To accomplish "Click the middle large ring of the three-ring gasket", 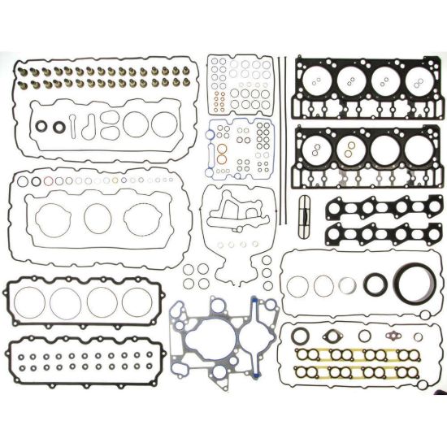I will coord(98,216).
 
